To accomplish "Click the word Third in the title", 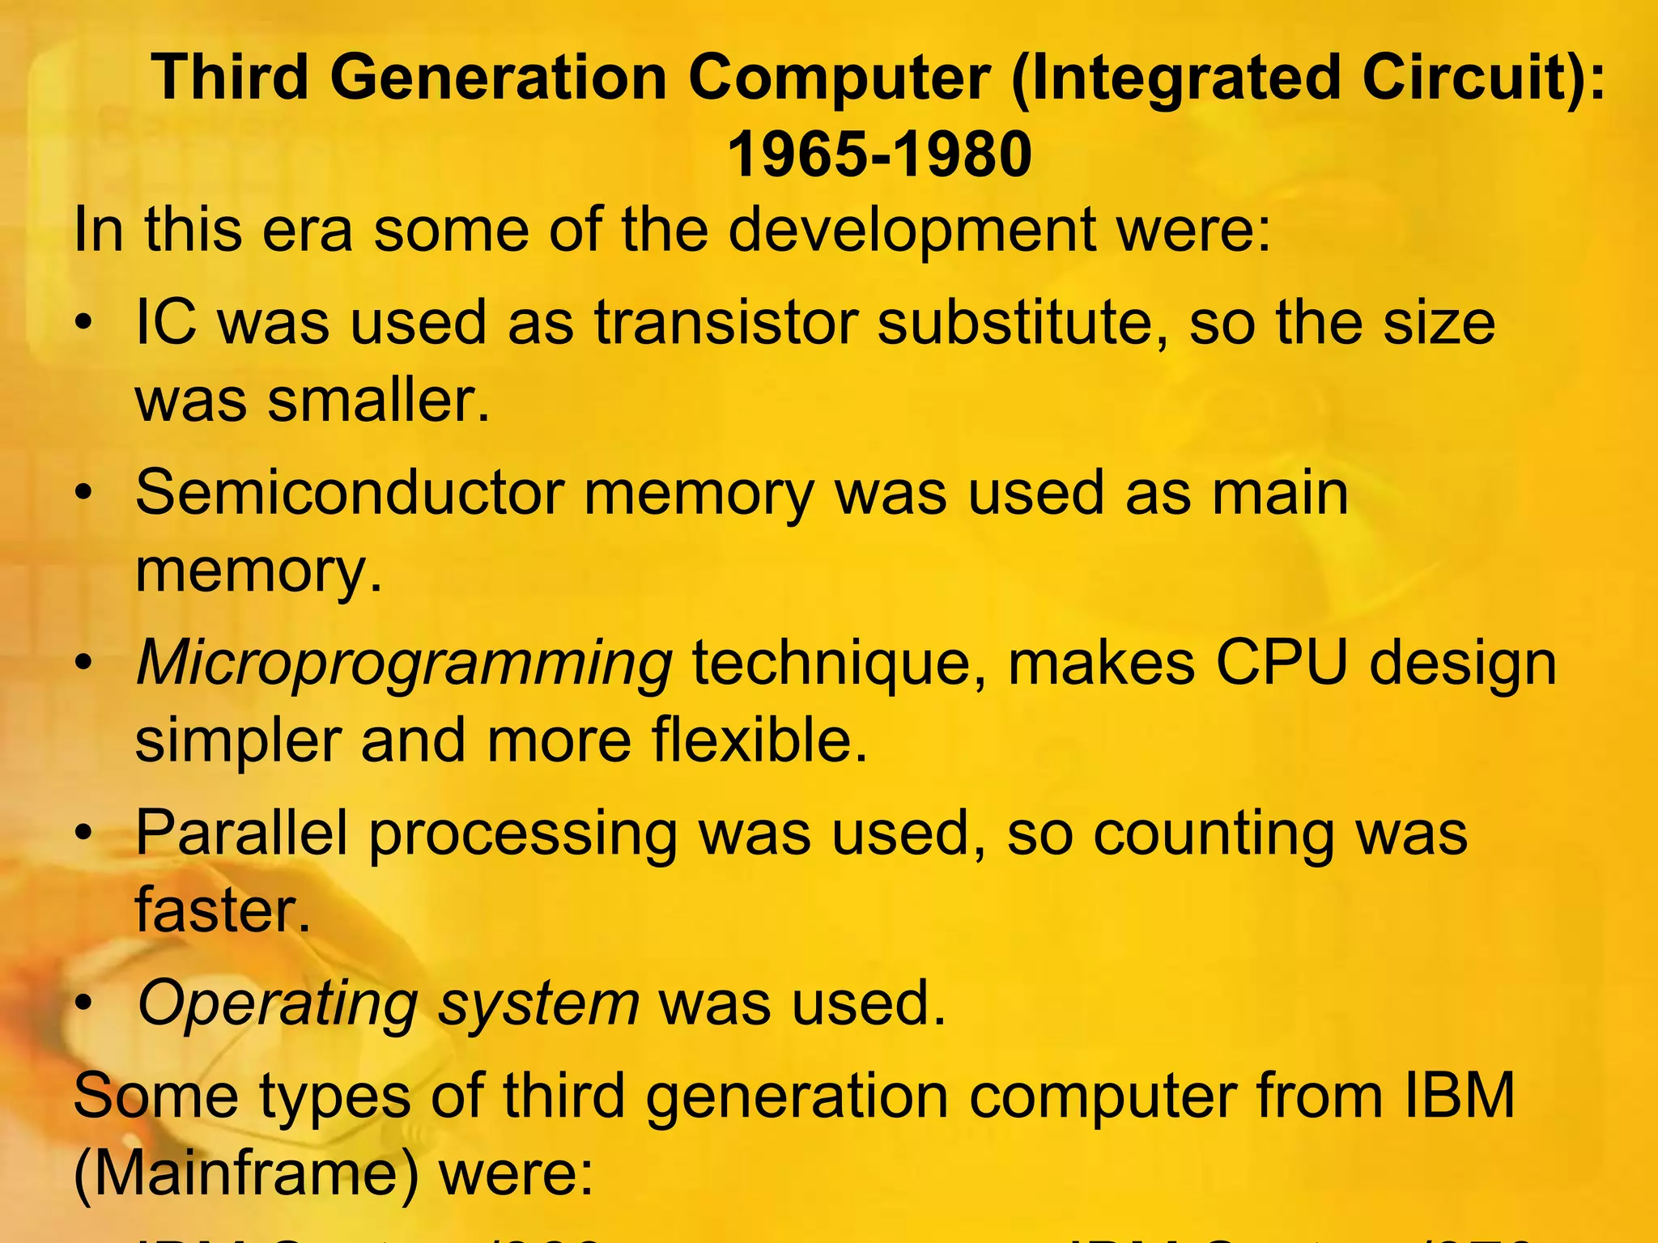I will click(231, 78).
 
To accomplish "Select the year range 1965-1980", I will click(879, 154).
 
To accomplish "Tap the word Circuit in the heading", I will click(1457, 78).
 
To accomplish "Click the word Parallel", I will click(241, 834).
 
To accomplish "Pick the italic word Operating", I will click(278, 1003).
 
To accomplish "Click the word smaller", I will click(377, 400).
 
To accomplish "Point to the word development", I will click(912, 230).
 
